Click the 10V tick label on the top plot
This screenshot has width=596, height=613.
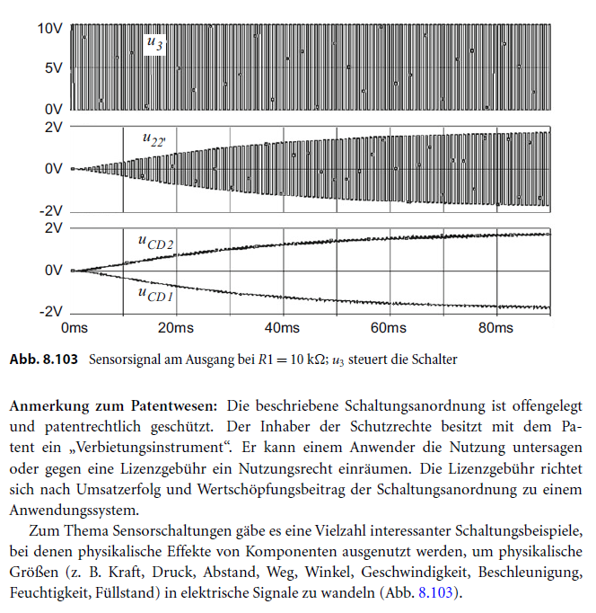[49, 28]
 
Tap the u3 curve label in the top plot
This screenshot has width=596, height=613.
[153, 43]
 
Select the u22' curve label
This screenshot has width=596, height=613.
[153, 139]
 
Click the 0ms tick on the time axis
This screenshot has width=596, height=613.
[73, 328]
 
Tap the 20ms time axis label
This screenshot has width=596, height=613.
[176, 328]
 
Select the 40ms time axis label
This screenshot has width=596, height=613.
[282, 328]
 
